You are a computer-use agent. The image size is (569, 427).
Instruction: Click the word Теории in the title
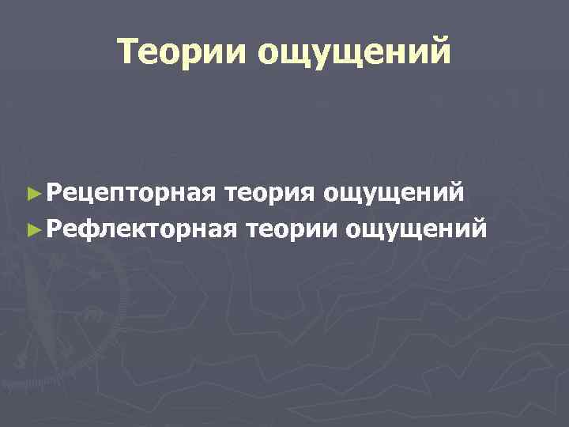click(180, 51)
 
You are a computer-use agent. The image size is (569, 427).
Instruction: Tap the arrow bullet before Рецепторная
click(32, 191)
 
